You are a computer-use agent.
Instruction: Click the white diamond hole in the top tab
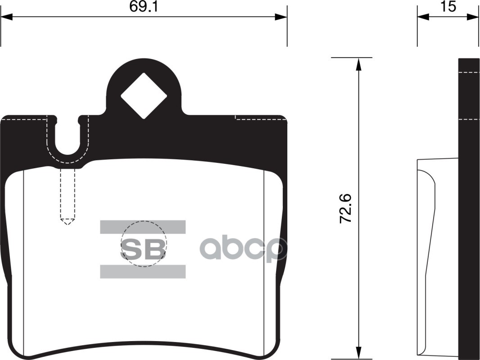pyautogui.click(x=144, y=95)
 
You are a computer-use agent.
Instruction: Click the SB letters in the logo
pyautogui.click(x=143, y=250)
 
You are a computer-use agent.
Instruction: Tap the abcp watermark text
pyautogui.click(x=243, y=249)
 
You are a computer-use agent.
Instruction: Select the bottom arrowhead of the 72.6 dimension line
pyautogui.click(x=358, y=353)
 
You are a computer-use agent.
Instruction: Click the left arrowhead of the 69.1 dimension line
pyautogui.click(x=6, y=17)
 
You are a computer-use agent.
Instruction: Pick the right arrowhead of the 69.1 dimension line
pyautogui.click(x=281, y=17)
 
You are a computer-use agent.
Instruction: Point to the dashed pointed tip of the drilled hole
pyautogui.click(x=67, y=221)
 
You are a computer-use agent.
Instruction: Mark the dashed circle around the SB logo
pyautogui.click(x=166, y=243)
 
